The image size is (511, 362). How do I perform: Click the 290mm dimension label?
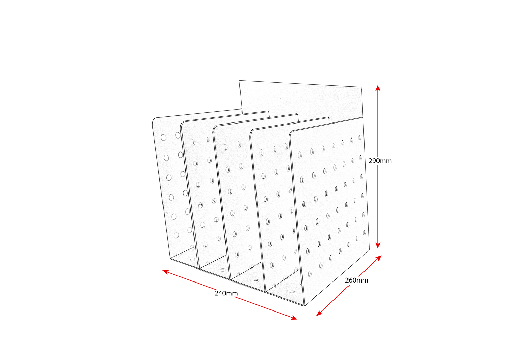(x=380, y=161)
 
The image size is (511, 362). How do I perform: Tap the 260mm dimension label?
(x=356, y=280)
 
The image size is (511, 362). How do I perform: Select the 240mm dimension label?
(x=226, y=293)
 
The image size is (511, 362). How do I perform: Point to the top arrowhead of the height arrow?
(x=378, y=88)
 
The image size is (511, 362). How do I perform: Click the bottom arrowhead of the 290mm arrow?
(x=378, y=245)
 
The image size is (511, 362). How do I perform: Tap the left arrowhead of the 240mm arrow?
(x=165, y=272)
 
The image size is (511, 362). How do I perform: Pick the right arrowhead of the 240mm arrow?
(x=294, y=318)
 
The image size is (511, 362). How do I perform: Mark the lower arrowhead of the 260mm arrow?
(x=319, y=314)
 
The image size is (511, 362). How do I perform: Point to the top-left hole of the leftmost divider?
(x=164, y=137)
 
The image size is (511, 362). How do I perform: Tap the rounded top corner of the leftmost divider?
(x=154, y=120)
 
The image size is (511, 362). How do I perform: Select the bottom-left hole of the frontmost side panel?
(x=310, y=274)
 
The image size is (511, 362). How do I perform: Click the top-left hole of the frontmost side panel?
(x=300, y=155)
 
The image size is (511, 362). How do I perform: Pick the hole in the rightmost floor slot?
(x=292, y=292)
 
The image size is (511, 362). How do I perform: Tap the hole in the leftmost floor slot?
(x=193, y=259)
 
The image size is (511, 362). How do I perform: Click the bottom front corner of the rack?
(x=304, y=306)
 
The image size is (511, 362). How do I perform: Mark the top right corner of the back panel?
(x=362, y=87)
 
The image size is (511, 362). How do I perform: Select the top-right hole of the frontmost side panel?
(x=359, y=138)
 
